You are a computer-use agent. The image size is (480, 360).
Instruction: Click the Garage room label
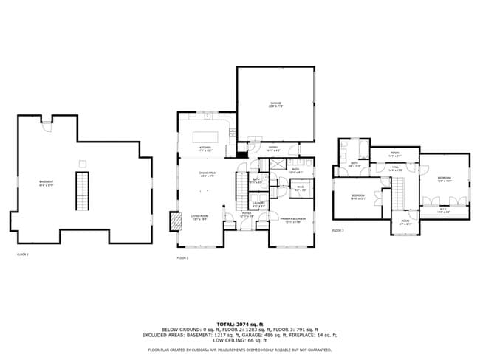click(x=275, y=105)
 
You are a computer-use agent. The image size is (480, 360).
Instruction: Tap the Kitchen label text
click(x=205, y=148)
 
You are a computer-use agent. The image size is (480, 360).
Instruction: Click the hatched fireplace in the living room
click(x=175, y=222)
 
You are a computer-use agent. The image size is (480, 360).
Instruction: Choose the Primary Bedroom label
click(x=292, y=219)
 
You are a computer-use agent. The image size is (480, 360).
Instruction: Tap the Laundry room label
click(x=258, y=204)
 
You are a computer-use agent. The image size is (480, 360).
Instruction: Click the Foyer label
click(x=246, y=215)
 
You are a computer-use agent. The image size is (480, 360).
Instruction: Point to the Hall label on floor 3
click(x=395, y=168)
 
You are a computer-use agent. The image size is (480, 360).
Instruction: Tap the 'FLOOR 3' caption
click(x=337, y=231)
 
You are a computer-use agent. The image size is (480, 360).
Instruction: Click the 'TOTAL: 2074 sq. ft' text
click(x=239, y=325)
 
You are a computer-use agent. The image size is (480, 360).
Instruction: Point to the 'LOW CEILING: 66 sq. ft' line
click(x=239, y=341)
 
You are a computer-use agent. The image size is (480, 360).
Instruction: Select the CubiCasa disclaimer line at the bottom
click(x=239, y=350)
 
